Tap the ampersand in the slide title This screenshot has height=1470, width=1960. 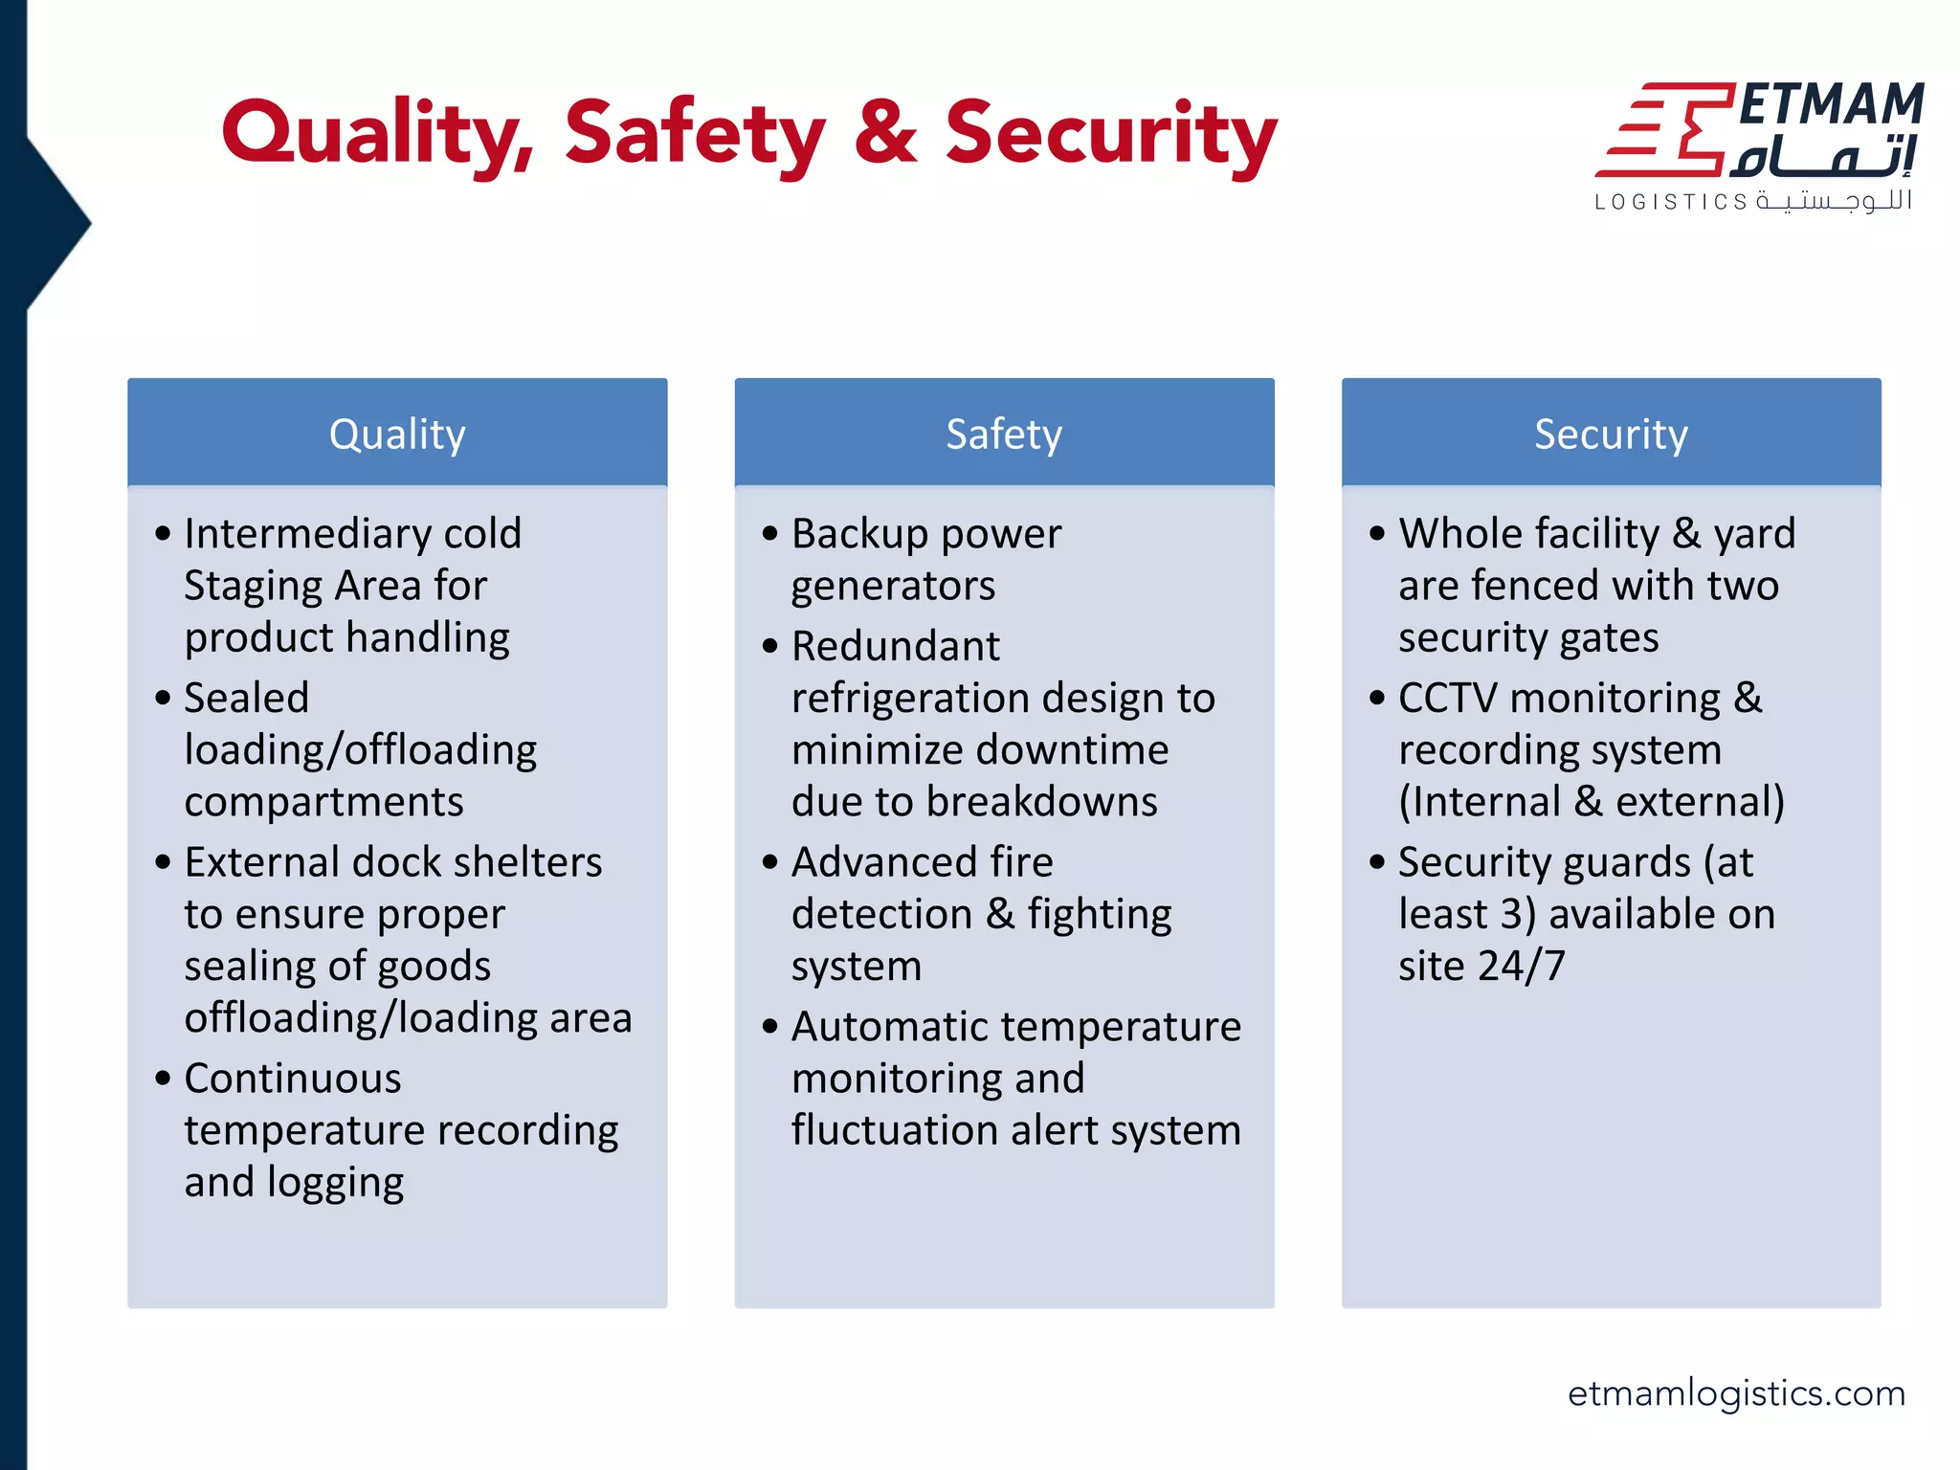click(885, 134)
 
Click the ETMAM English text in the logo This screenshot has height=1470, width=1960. click(1830, 105)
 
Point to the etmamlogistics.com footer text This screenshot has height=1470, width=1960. click(1736, 1393)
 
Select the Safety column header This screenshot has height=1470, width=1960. click(1004, 434)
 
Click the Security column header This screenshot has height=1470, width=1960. click(1611, 434)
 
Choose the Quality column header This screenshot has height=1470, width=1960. click(397, 434)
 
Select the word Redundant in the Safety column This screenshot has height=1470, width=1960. click(895, 647)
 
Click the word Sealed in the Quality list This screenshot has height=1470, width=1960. click(246, 699)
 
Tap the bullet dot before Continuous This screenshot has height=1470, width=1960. click(163, 1079)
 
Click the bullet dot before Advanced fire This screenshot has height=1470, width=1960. click(770, 862)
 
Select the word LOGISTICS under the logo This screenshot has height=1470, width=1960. click(1671, 202)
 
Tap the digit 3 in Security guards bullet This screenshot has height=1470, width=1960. click(1511, 915)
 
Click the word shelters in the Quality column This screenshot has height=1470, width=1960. click(527, 862)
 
